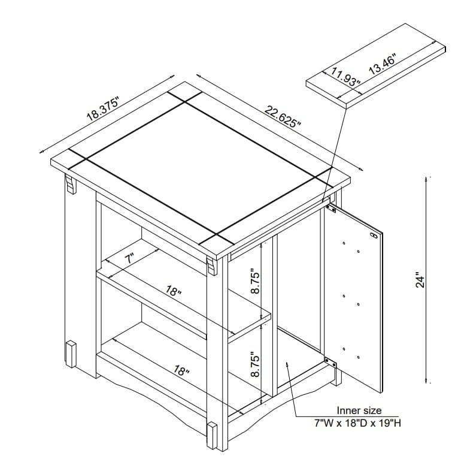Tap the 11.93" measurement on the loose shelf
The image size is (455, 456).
(x=344, y=77)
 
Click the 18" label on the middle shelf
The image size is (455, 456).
(x=173, y=293)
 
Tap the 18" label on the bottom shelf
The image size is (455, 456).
(x=179, y=371)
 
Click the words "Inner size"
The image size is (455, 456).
(x=358, y=411)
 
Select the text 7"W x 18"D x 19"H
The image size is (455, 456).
(x=358, y=423)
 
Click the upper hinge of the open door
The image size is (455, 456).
(x=330, y=208)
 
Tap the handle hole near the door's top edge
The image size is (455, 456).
(x=375, y=235)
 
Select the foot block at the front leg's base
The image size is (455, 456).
(x=211, y=435)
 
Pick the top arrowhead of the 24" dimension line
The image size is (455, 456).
(x=426, y=179)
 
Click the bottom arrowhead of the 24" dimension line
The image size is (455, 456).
(x=426, y=382)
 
